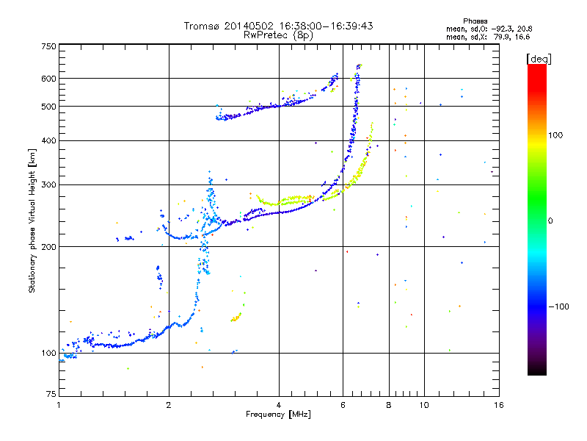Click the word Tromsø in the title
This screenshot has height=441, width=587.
[x=202, y=26]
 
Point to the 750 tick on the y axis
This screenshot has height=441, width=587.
[x=48, y=46]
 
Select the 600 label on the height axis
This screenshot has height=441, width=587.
[x=48, y=79]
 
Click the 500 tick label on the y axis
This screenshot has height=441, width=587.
[x=48, y=107]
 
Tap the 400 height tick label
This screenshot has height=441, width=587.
[x=48, y=140]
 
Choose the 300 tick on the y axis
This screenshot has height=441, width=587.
[x=48, y=184]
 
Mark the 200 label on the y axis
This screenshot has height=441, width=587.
[x=48, y=247]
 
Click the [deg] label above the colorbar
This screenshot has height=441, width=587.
[x=539, y=58]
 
